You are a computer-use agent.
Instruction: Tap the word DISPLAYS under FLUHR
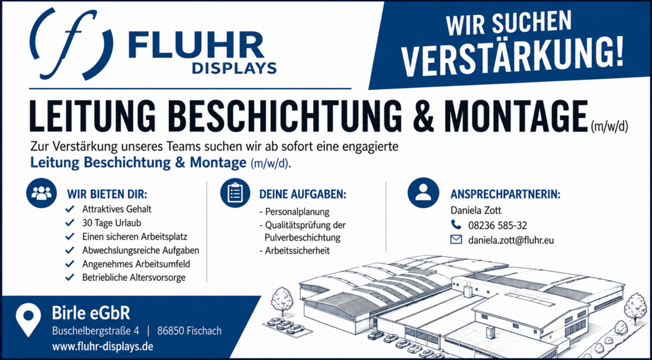pos(234,67)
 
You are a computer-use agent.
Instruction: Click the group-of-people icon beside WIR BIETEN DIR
pos(42,192)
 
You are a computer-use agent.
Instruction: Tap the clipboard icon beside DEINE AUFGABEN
pos(235,192)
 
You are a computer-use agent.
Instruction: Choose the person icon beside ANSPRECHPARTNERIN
pos(424,192)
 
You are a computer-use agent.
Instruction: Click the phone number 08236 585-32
pos(497,225)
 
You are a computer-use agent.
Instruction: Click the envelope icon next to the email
pos(456,240)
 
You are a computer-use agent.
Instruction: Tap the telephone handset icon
pos(456,225)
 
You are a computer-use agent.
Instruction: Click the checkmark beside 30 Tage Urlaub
pos(70,223)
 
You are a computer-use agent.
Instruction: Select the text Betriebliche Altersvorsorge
pos(134,278)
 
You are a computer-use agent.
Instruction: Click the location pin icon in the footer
pos(28,320)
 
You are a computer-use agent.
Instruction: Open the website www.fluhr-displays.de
pos(103,346)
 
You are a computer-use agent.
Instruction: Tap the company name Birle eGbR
pos(91,313)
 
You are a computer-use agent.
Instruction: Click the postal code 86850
pos(171,332)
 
